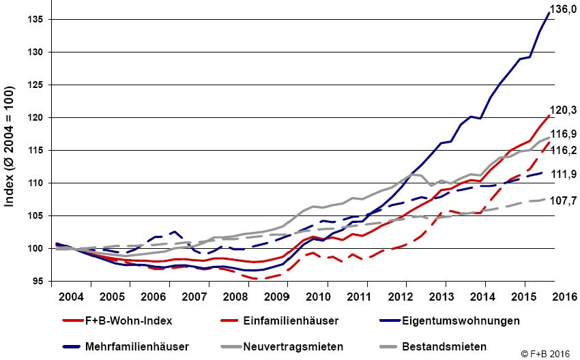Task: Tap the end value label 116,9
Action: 565,135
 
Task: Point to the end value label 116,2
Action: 565,149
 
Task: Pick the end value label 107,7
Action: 565,202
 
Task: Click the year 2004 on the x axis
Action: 71,297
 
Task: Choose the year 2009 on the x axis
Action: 277,297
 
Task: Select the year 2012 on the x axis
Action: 401,297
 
